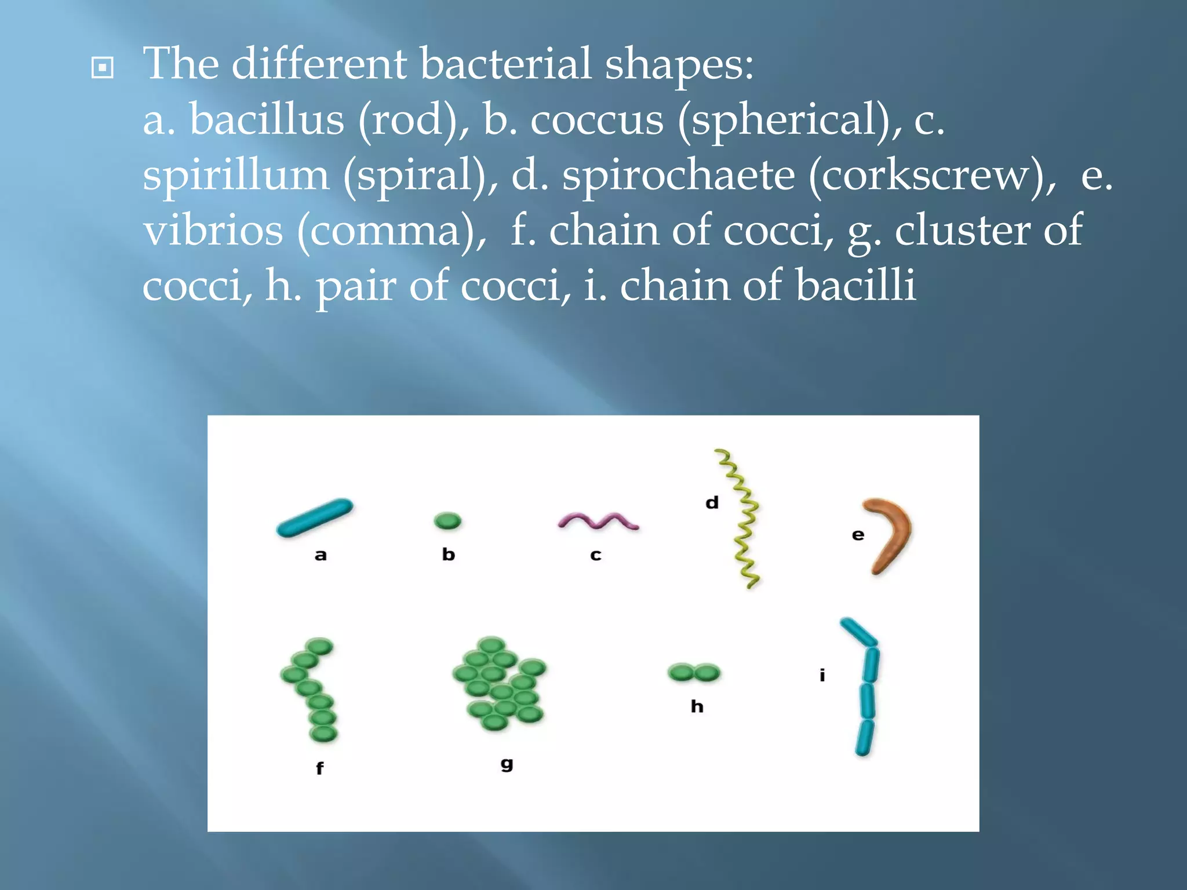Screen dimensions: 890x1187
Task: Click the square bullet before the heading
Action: pos(103,68)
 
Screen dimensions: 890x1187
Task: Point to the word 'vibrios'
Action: pos(213,231)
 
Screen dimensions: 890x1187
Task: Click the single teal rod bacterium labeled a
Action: pos(315,517)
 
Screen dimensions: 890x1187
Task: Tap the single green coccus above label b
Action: pos(447,521)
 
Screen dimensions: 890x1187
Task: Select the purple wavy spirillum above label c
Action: pos(598,521)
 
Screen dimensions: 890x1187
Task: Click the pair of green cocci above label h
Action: pos(694,673)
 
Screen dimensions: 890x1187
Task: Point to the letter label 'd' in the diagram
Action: pos(712,502)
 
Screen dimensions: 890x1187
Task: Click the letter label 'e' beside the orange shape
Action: pos(858,535)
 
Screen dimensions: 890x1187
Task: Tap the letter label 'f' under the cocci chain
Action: pos(319,768)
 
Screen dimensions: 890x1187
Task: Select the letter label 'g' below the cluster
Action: pos(507,764)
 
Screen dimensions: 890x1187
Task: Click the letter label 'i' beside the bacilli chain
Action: pos(822,675)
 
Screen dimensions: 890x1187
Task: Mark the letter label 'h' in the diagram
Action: pos(697,706)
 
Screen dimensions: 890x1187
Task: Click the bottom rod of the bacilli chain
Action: pos(865,737)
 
